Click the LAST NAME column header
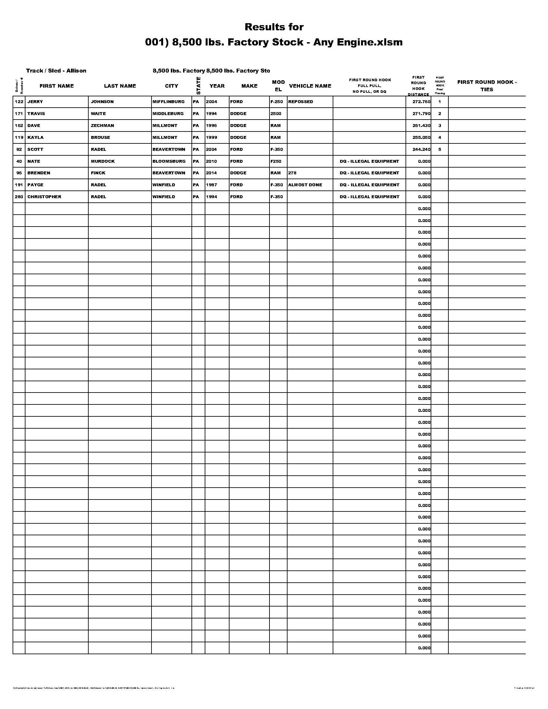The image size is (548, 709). coord(120,86)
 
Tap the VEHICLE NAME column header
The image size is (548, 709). coord(310,86)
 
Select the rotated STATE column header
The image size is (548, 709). coord(198,86)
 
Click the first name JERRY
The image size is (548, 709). coord(35,102)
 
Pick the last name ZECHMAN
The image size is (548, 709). coord(102,126)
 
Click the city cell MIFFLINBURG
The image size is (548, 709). coord(169,102)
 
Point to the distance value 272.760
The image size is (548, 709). coord(421,102)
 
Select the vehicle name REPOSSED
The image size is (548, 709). coord(301,102)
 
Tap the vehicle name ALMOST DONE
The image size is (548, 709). coord(305,185)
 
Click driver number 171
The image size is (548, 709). coord(19,114)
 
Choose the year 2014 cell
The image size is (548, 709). coord(211,173)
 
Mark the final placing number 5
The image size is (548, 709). coord(440,150)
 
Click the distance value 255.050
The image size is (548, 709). coord(421,138)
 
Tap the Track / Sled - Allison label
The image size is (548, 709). coord(56,71)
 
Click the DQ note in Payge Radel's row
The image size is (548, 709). coord(369,185)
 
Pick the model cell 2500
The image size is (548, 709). coord(276,114)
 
